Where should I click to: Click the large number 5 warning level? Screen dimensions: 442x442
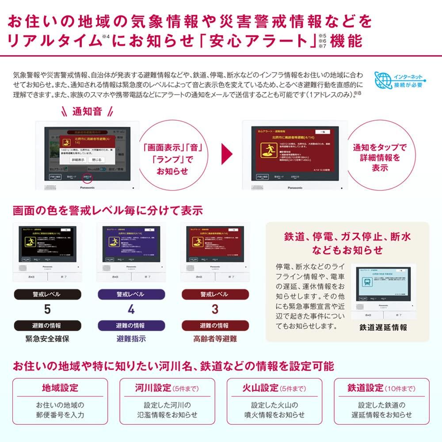point(47,310)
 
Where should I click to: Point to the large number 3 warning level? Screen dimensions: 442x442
point(214,310)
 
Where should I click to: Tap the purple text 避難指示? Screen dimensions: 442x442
point(131,339)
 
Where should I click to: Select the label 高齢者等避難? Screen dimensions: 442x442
point(215,339)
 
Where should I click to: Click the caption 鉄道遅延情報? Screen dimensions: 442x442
point(383,328)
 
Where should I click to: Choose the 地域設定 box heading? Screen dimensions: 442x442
point(60,388)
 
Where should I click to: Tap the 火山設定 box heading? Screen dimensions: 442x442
point(261,388)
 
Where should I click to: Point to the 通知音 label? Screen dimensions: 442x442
point(87,111)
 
